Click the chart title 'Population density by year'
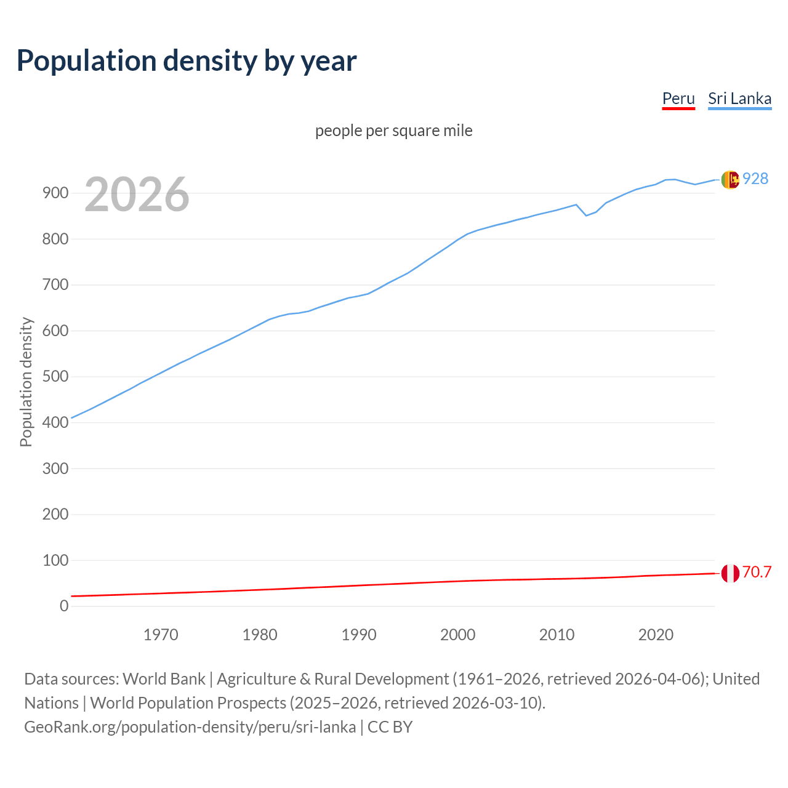[187, 61]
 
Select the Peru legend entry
[678, 98]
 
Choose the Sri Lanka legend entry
[739, 98]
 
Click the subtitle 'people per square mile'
[394, 131]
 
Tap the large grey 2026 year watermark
[137, 195]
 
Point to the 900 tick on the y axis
[55, 193]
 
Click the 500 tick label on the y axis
[55, 377]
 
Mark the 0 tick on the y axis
[64, 606]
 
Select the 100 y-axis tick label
[55, 560]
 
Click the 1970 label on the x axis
[161, 635]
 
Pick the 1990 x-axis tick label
[359, 635]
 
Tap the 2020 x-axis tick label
[656, 635]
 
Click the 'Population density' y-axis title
[26, 382]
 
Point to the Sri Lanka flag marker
[730, 180]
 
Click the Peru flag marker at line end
[730, 573]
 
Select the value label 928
[755, 179]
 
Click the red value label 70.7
[757, 573]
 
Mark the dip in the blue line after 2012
[586, 215]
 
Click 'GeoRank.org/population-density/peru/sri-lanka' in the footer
[190, 727]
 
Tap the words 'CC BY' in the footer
[390, 727]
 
